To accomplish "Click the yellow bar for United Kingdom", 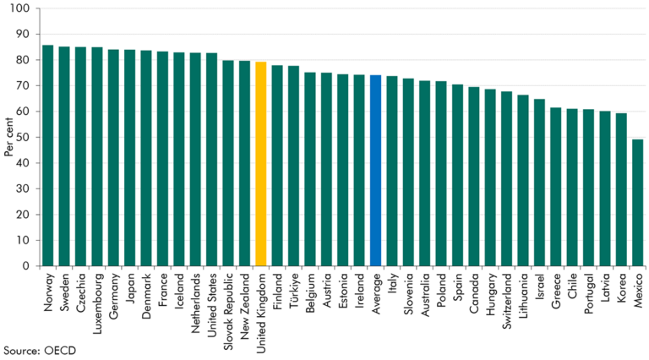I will click(261, 164).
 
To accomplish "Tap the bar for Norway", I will click(48, 155).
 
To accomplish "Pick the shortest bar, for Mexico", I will click(638, 203).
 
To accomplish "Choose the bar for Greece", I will click(555, 187).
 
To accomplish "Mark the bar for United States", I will click(211, 160).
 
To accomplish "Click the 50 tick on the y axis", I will click(29, 138).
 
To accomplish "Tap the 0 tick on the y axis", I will click(32, 266).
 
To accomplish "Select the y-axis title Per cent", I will click(8, 138).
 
